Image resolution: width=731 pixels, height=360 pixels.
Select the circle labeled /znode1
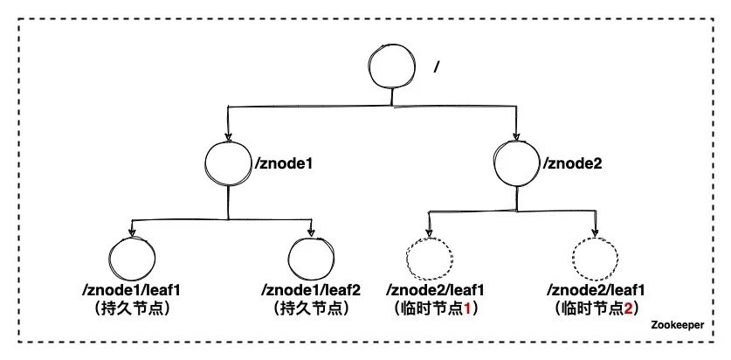coord(228,163)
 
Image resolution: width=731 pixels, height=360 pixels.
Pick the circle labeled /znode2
coord(514,162)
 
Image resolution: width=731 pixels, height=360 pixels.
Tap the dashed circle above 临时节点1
coord(430,260)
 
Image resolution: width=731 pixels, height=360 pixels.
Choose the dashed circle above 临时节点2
coord(596,260)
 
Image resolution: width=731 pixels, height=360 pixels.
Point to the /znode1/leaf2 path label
coord(311,290)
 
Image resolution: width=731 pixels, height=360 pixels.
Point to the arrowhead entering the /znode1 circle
coord(229,136)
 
